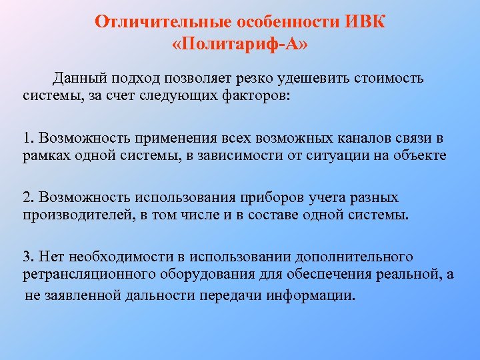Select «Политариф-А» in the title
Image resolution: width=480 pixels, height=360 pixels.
coord(240,45)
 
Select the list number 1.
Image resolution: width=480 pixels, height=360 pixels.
coord(27,138)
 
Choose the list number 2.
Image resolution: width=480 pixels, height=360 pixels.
coord(27,197)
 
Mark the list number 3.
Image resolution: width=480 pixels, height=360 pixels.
coord(27,257)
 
